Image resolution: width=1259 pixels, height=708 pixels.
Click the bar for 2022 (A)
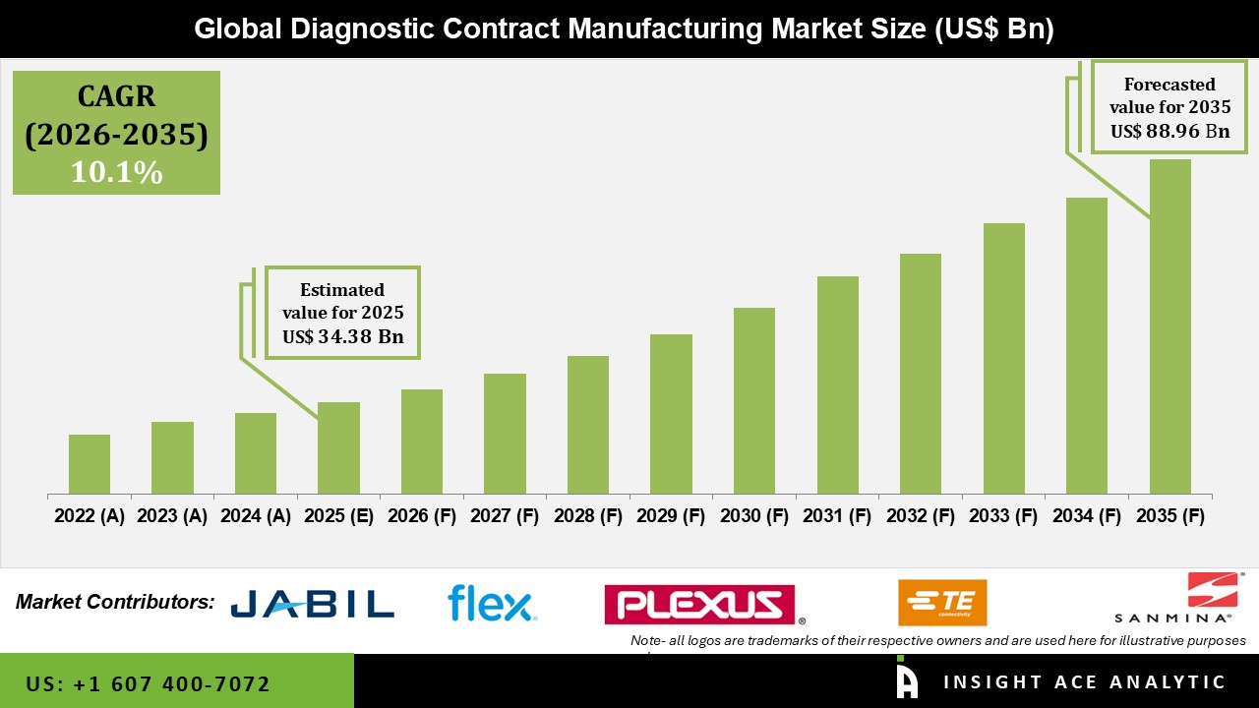click(90, 464)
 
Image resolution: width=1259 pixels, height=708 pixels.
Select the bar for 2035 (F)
click(1169, 326)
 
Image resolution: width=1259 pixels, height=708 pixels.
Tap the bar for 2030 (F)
click(753, 400)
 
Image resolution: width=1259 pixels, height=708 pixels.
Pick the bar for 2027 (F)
click(505, 434)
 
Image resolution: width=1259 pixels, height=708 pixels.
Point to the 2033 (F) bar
click(1003, 358)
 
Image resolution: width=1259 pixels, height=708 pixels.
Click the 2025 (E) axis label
click(338, 516)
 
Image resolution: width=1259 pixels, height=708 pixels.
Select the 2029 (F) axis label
click(671, 516)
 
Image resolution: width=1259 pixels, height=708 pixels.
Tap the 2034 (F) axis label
click(1087, 516)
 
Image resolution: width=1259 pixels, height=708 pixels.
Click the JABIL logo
click(312, 603)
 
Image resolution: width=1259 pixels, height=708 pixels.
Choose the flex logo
click(491, 603)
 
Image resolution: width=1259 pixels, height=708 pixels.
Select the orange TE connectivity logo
click(941, 603)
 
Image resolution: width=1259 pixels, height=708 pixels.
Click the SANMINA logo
click(1172, 598)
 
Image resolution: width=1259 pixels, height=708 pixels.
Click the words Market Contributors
click(114, 601)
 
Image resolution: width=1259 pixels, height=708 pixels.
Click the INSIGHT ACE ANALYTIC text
click(1084, 681)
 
